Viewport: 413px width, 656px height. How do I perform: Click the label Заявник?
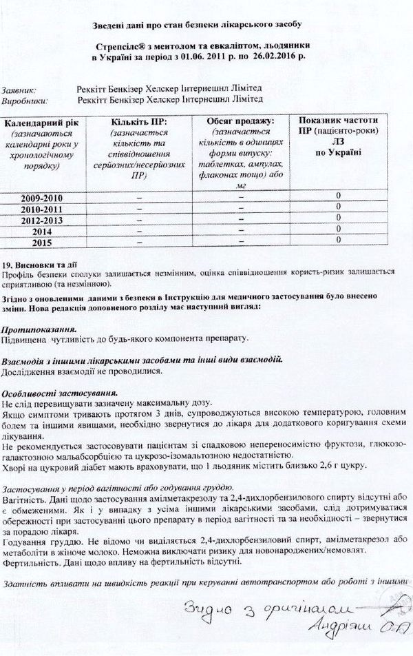[20, 89]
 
